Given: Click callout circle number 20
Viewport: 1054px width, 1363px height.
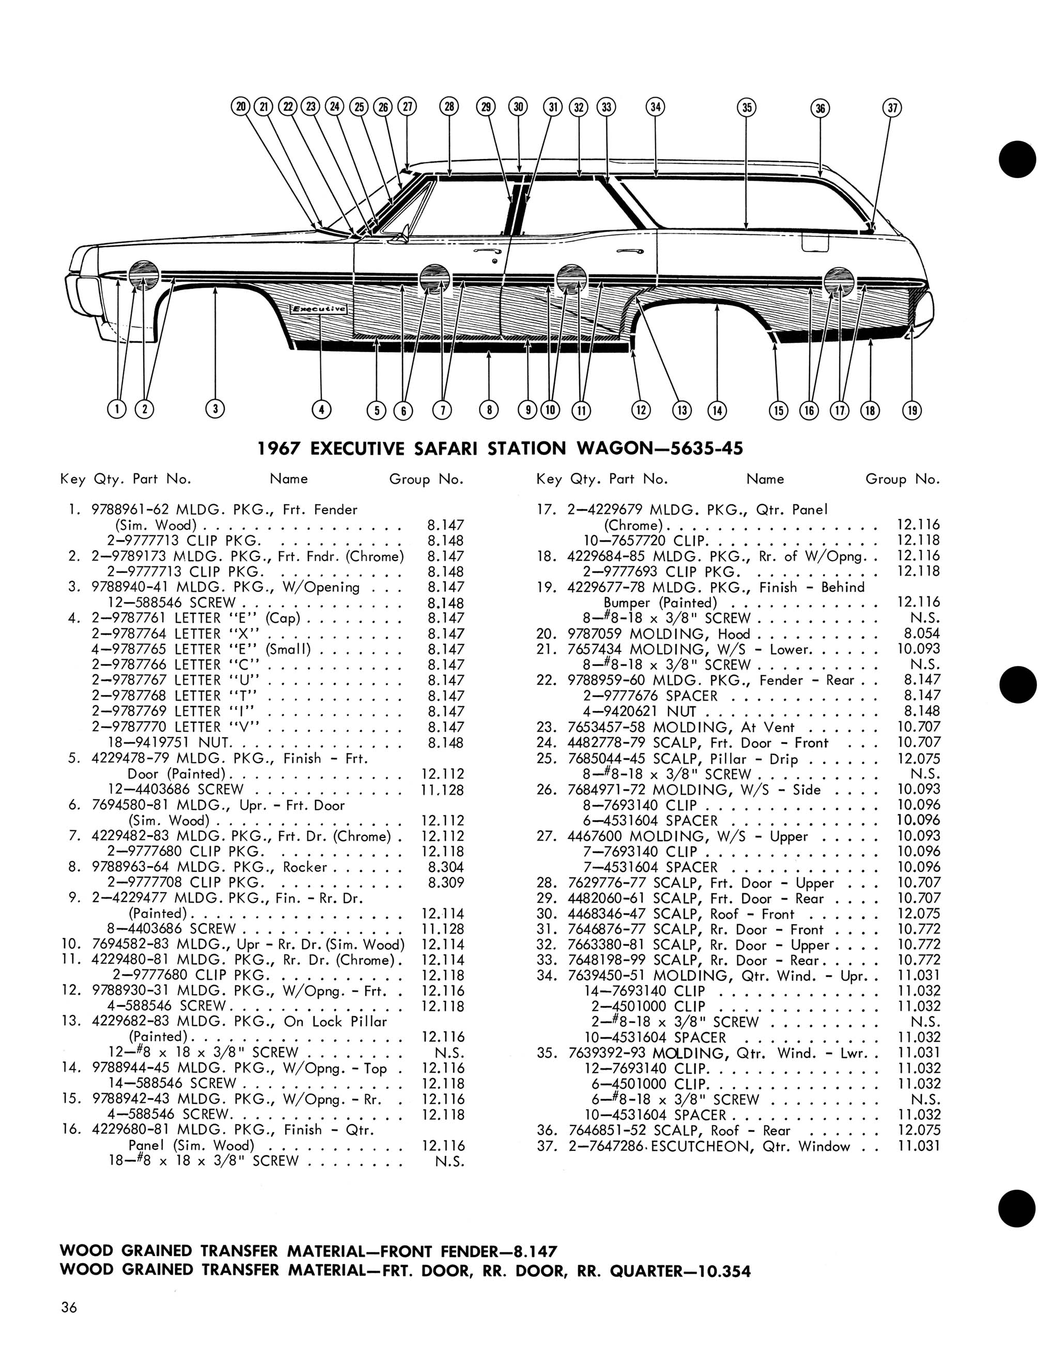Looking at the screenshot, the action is pos(241,107).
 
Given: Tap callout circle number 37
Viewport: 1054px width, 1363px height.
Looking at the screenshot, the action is pos(893,108).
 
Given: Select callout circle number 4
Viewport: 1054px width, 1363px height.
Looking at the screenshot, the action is pos(321,409).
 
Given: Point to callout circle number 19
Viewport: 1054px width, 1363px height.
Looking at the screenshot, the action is pos(912,410).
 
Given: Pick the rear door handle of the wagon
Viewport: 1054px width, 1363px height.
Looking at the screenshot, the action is pos(629,251).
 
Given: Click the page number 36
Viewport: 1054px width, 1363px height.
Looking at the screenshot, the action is pos(69,1307).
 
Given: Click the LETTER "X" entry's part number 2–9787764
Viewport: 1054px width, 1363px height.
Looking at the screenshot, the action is pos(131,633).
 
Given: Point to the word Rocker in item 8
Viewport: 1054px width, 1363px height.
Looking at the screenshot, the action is pos(305,867).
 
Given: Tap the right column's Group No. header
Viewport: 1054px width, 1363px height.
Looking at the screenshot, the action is pos(902,479).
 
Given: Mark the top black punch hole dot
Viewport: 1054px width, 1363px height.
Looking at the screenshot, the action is pos(1017,160).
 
